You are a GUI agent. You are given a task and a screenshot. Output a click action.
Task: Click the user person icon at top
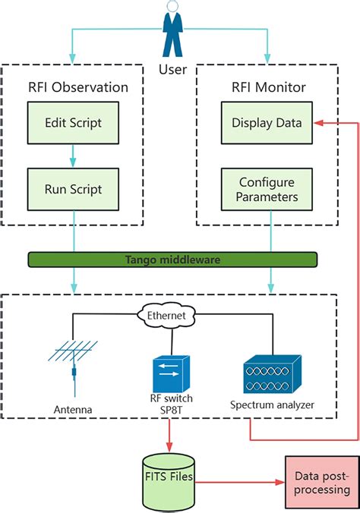point(172,30)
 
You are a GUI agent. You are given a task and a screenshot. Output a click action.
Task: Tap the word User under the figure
point(172,70)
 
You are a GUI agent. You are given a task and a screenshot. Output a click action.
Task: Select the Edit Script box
point(73,123)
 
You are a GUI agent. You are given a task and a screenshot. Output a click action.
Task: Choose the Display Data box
point(267,123)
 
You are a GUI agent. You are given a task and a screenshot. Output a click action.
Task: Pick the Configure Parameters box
point(267,189)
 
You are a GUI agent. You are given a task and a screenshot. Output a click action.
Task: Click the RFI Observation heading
point(74,87)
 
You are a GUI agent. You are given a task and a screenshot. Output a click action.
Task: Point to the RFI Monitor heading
point(267,87)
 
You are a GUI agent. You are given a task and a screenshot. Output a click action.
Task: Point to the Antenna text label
point(74,410)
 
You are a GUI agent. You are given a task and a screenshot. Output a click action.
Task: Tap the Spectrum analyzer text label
point(271,404)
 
